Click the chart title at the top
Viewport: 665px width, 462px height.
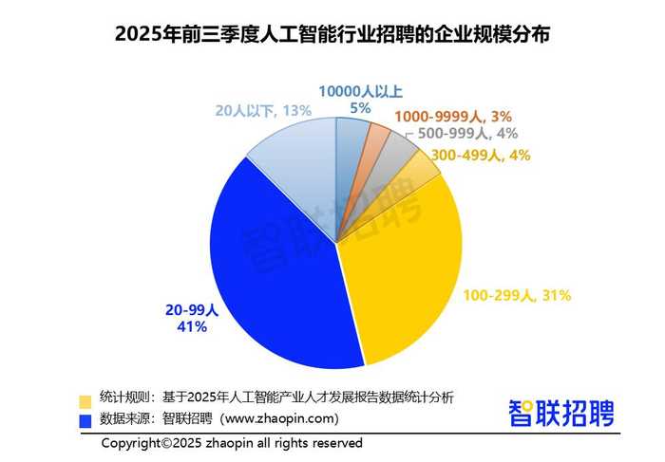332,34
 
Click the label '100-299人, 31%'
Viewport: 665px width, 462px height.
517,295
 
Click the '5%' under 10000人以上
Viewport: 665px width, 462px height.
360,108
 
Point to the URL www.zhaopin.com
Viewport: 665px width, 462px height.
279,418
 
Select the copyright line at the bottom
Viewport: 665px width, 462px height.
232,443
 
